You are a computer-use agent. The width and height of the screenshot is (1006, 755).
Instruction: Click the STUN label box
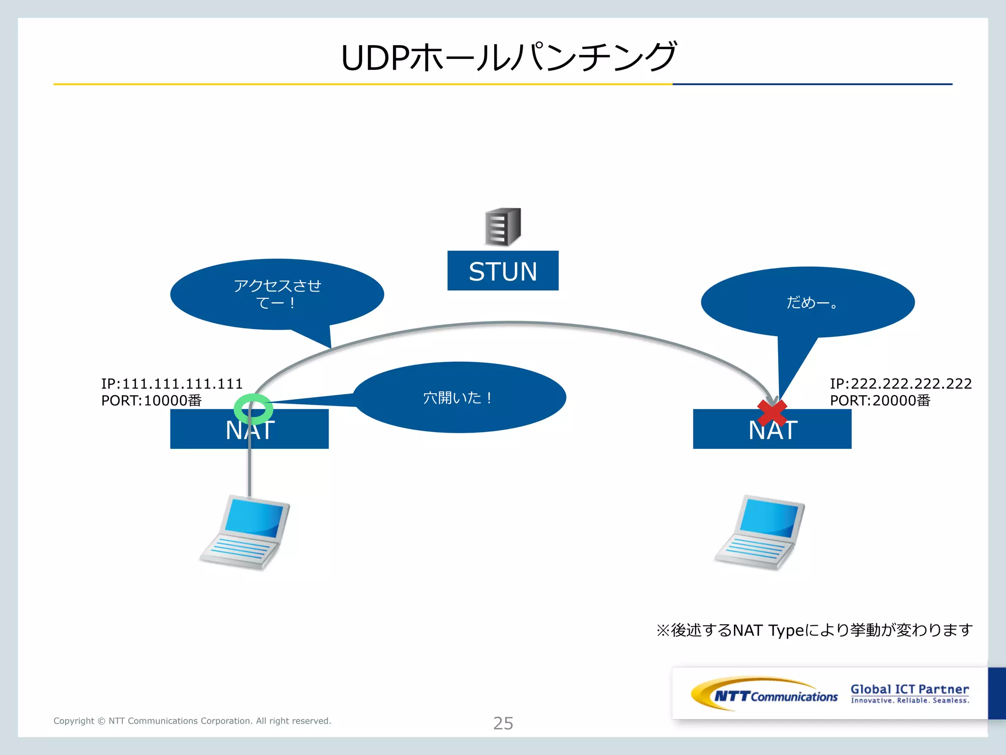coord(503,271)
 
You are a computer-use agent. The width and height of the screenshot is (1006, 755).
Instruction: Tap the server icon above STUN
coord(503,227)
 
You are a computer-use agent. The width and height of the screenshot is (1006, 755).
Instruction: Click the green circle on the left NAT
coord(253,408)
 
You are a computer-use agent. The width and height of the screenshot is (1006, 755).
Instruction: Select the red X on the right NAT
coord(772,412)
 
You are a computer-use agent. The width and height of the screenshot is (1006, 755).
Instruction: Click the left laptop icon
coord(245,533)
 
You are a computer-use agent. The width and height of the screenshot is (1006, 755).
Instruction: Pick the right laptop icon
coord(760,533)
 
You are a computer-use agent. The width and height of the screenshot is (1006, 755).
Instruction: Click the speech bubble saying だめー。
coord(808,302)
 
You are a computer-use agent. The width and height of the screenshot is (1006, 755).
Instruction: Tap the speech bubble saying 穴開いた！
coord(459,397)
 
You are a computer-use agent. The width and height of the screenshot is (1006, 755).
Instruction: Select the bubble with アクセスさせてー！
coord(277,294)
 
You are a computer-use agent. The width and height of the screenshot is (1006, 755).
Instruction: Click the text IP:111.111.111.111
coord(172,383)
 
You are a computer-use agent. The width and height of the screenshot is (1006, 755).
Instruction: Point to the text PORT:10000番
coord(151,401)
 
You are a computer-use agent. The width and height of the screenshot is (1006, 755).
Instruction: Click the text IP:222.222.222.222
coord(900,383)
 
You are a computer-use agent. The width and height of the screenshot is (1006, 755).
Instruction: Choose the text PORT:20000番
coord(880,401)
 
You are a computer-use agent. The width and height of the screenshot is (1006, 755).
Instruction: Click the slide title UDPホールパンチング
coord(508,58)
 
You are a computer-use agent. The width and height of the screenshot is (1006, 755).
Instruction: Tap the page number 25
coord(503,723)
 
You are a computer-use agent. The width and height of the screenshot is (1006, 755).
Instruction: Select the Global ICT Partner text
coord(910,689)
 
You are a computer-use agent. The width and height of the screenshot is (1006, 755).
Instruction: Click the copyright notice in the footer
coord(192,721)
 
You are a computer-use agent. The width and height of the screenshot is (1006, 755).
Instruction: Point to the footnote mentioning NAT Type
coord(814,630)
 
